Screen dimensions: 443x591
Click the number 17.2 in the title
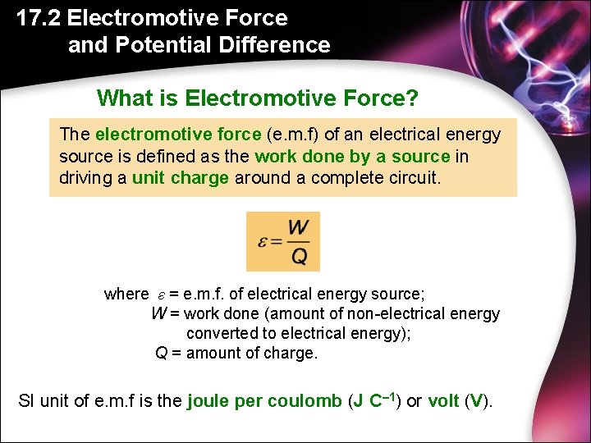(x=39, y=18)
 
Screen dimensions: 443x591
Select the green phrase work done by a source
(x=352, y=156)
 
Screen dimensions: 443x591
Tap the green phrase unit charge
(x=180, y=177)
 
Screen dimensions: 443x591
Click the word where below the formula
(x=126, y=294)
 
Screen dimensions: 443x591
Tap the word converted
(x=220, y=333)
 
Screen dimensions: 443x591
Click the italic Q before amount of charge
(x=162, y=353)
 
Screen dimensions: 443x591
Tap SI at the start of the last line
(x=27, y=402)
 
